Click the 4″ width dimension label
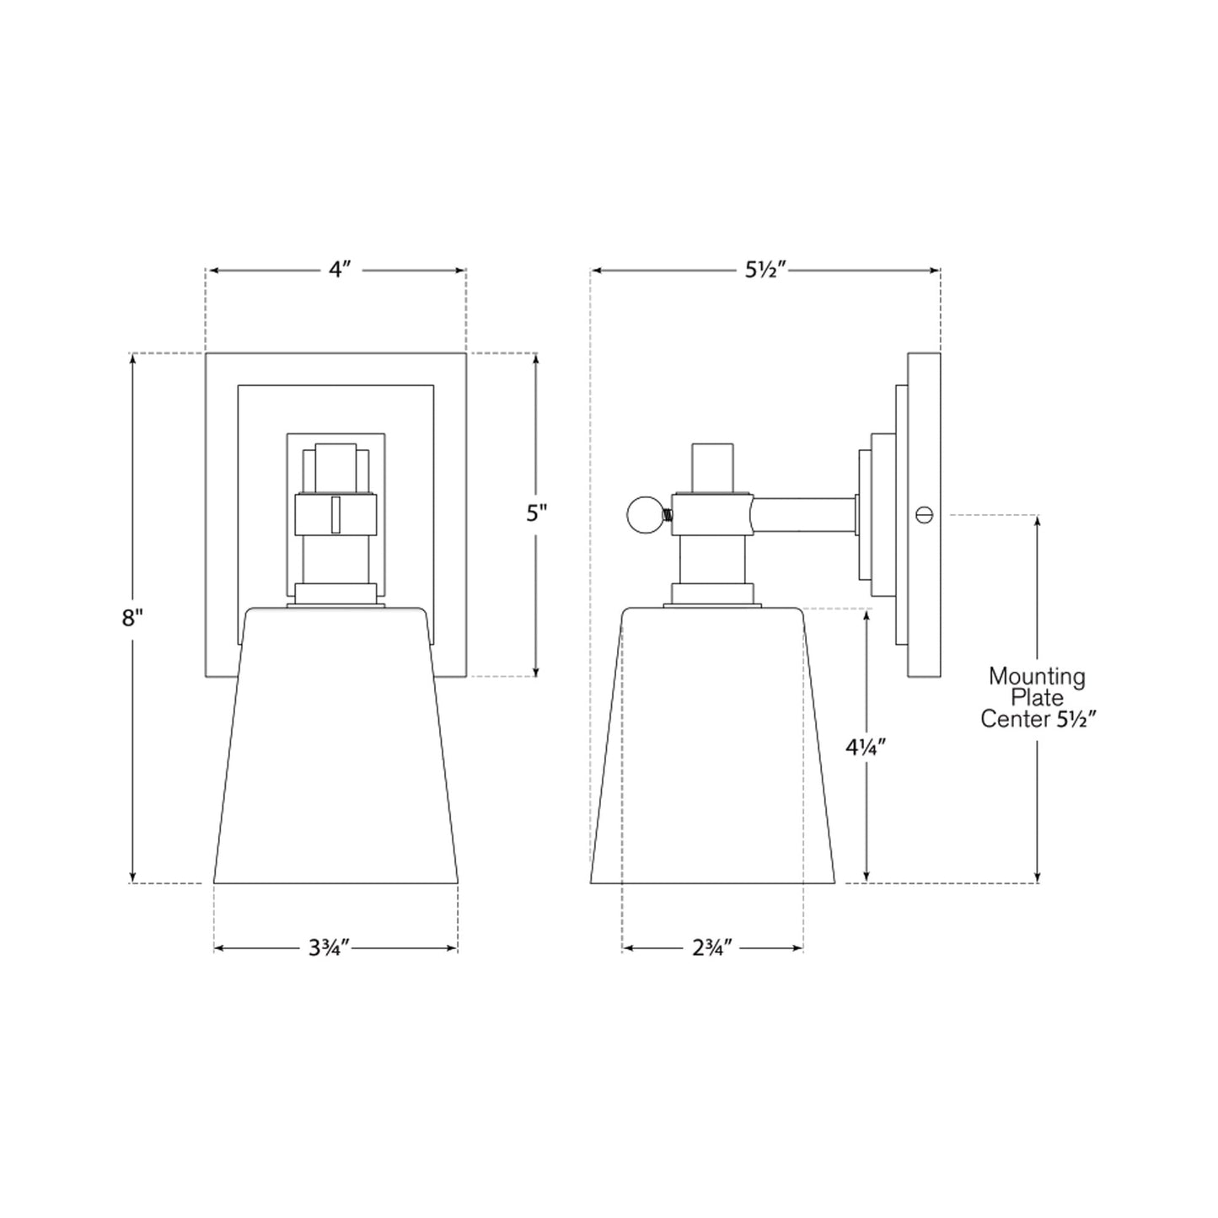click(340, 270)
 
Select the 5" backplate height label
click(536, 514)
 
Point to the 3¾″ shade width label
click(330, 948)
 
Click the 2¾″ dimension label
click(712, 948)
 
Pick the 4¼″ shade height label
click(867, 748)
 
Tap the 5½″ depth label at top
click(765, 270)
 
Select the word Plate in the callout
click(1037, 699)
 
